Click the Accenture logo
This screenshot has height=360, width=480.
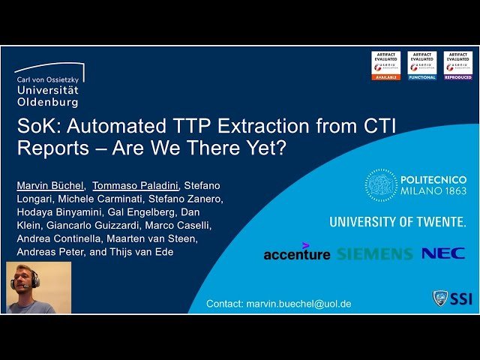(x=296, y=253)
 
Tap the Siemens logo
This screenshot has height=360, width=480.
(x=374, y=253)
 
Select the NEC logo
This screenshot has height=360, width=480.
(x=442, y=253)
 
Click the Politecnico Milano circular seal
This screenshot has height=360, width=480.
(x=381, y=184)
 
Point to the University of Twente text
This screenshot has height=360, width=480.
(x=397, y=222)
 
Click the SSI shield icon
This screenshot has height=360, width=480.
(x=441, y=298)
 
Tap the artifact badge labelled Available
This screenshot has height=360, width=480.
(x=385, y=66)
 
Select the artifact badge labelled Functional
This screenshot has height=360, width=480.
(x=421, y=66)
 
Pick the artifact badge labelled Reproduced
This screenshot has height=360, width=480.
(x=457, y=66)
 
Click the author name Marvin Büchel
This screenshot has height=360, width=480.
(x=50, y=185)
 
